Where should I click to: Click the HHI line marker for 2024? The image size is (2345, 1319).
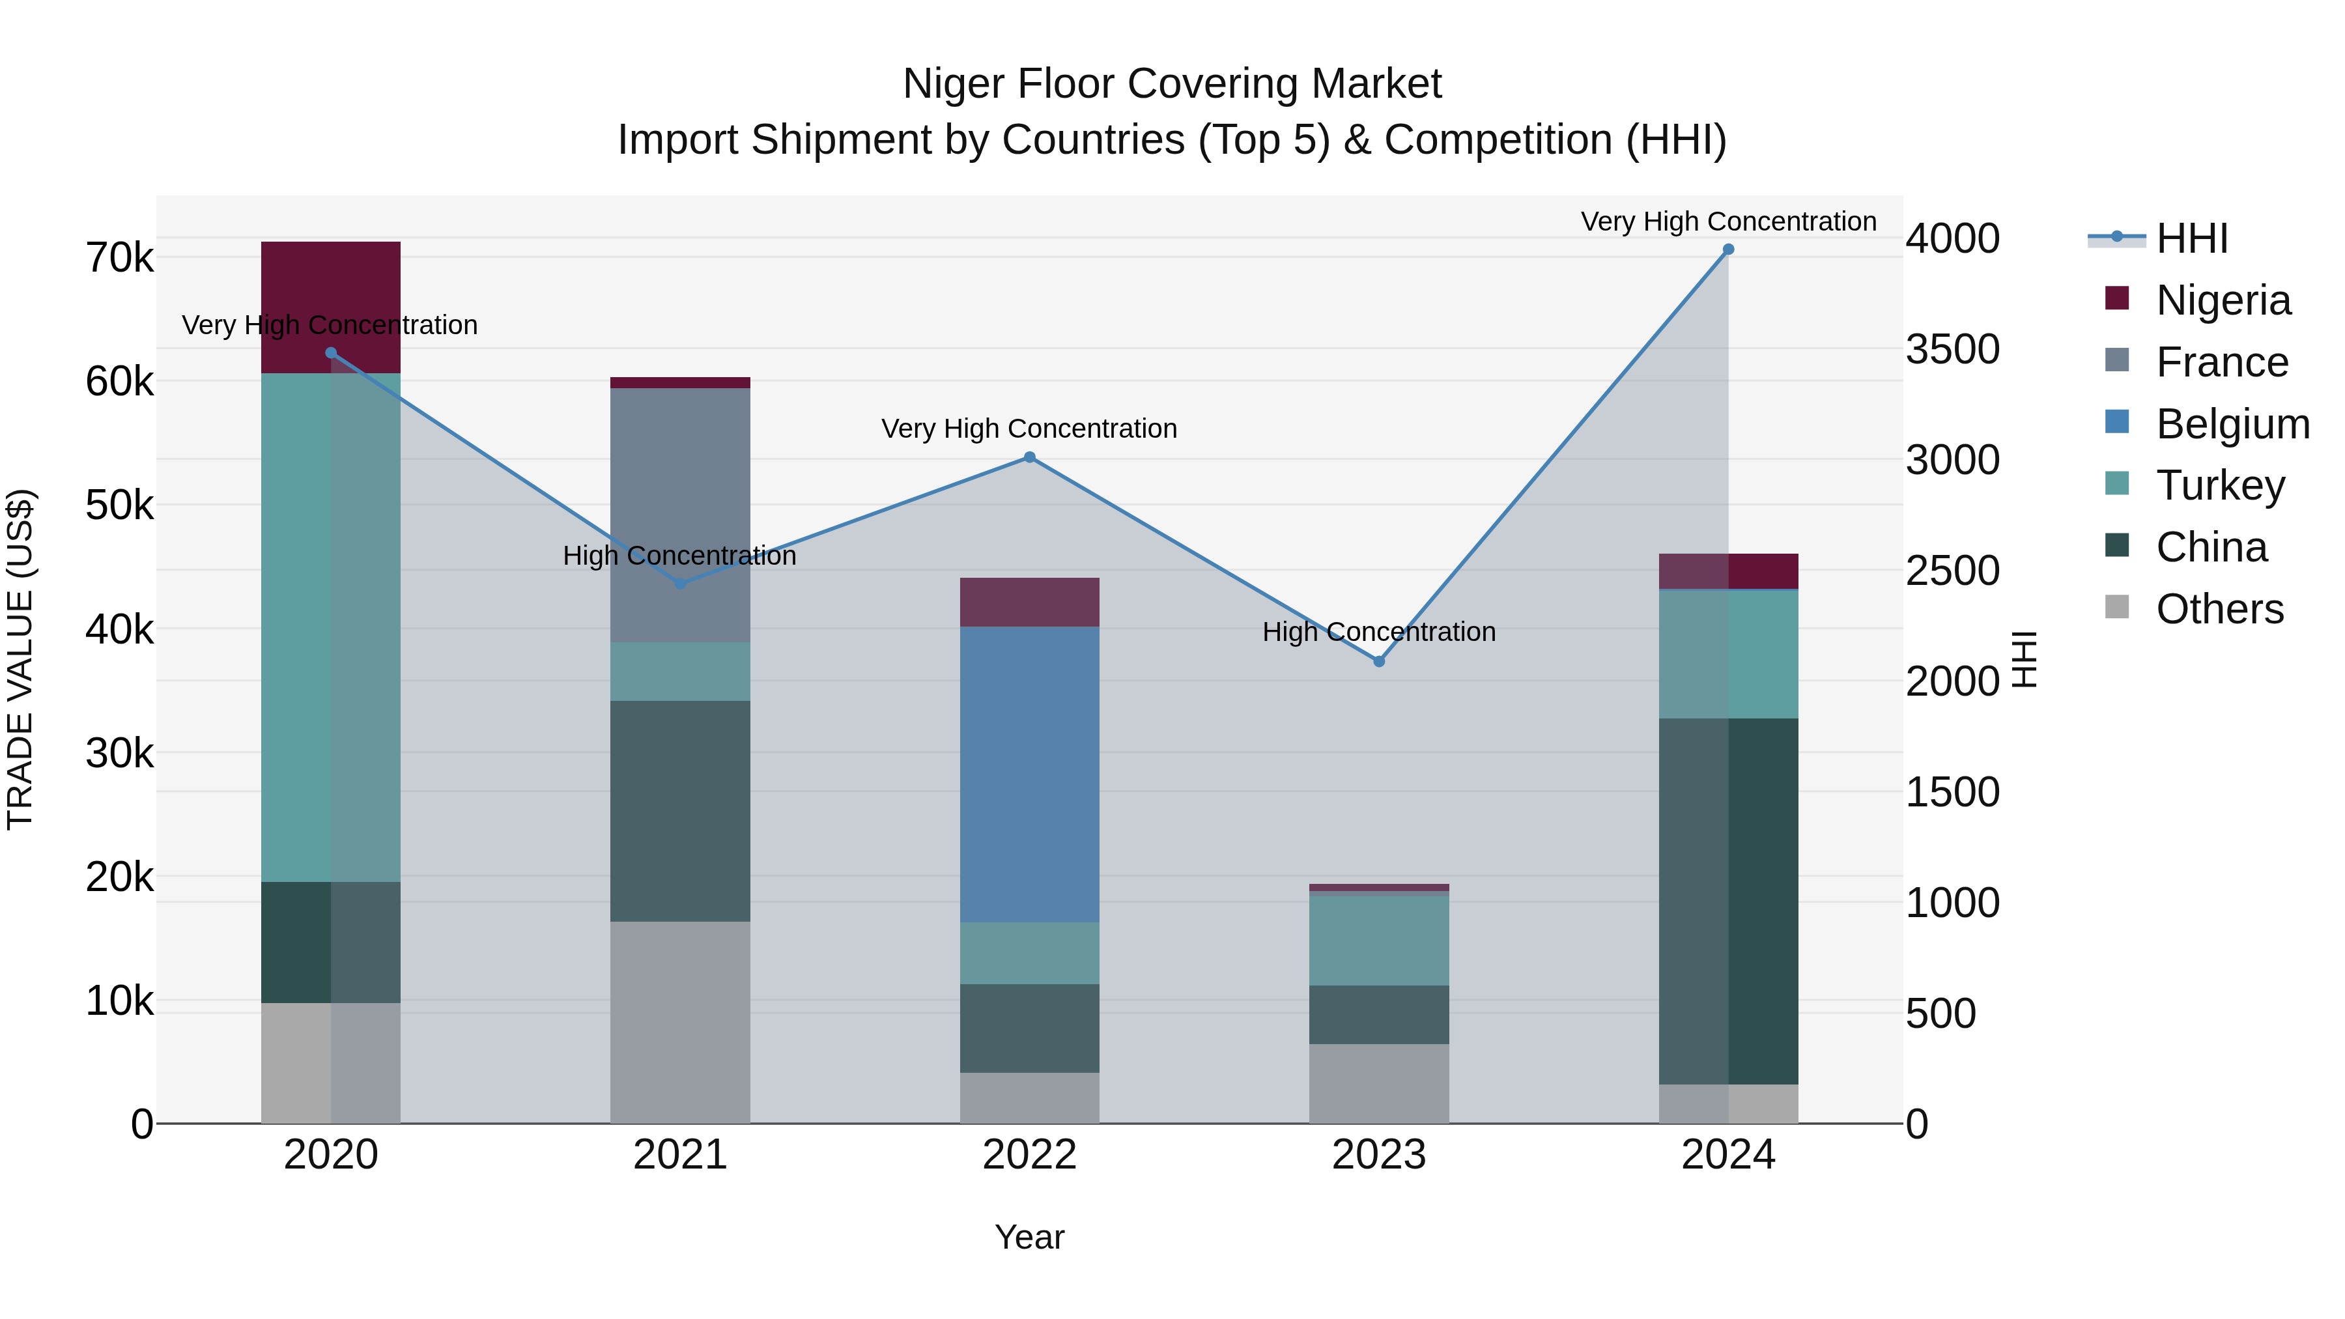tap(1727, 249)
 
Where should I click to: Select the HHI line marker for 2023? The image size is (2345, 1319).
tap(1378, 661)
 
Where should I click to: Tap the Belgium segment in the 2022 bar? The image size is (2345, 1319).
tap(1030, 774)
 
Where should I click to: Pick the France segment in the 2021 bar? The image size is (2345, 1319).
tap(680, 515)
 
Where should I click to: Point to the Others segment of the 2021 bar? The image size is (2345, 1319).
tap(680, 1021)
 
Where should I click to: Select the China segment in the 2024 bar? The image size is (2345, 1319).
tap(1727, 901)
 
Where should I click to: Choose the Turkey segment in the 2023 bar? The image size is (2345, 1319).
tap(1378, 941)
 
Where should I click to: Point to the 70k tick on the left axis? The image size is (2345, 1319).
tap(119, 259)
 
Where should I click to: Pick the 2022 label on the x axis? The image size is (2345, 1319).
tap(1030, 1155)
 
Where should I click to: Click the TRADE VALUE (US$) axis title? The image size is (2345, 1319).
tap(20, 659)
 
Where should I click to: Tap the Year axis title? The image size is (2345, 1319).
tap(1030, 1237)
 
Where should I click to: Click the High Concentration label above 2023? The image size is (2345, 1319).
tap(1378, 632)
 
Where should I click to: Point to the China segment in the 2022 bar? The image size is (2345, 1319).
tap(1030, 1028)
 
